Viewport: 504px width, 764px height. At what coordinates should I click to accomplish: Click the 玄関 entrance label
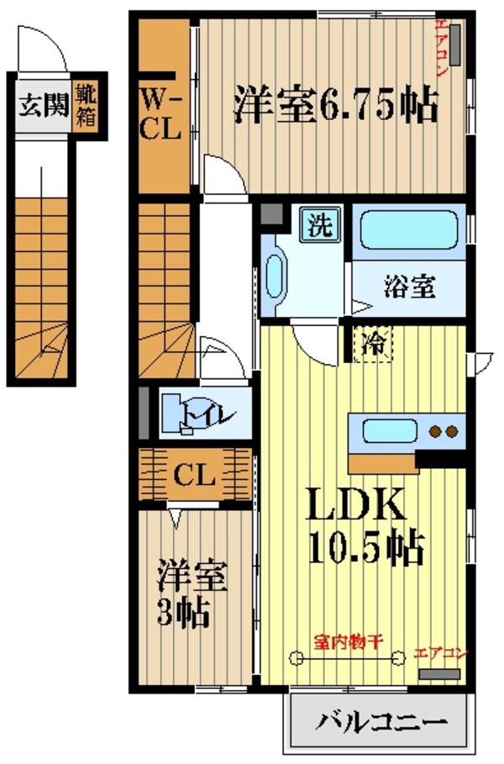pos(40,107)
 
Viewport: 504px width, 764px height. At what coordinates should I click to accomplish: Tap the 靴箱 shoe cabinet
pos(85,105)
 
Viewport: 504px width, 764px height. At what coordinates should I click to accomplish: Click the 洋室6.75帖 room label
pos(334,106)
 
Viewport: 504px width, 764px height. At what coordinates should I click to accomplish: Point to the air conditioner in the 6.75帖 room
pos(454,45)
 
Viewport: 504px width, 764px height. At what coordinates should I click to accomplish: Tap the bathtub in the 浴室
pos(408,229)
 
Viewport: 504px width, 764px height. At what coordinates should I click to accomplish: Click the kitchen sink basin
pos(389,432)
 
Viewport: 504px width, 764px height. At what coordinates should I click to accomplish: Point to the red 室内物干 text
pos(349,640)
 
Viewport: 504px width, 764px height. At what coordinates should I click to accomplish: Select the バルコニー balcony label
pos(380,722)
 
